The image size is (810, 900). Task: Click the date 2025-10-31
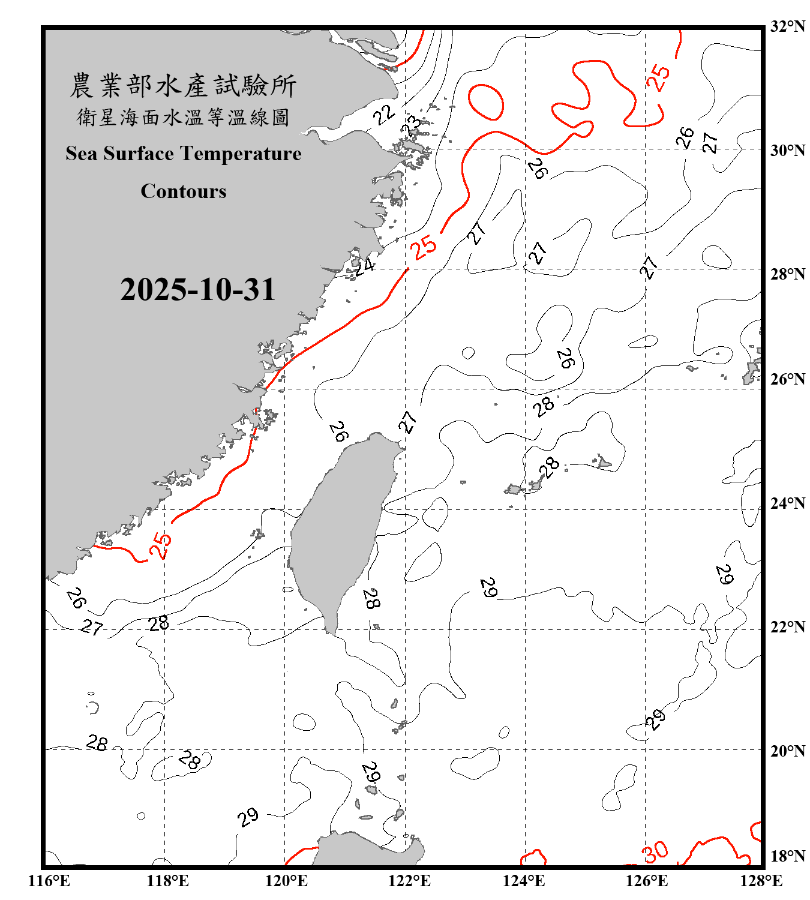[x=197, y=290]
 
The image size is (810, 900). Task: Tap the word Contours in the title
[x=183, y=191]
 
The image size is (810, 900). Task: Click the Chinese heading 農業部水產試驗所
[x=183, y=86]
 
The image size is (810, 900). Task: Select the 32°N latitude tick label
[x=787, y=26]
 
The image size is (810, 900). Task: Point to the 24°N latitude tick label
[x=787, y=503]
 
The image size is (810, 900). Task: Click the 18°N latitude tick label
[x=787, y=856]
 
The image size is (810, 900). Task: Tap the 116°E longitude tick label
[x=49, y=881]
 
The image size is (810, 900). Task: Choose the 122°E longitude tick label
[x=409, y=881]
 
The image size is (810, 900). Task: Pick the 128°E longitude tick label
[x=761, y=881]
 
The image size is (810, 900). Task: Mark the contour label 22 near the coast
[x=384, y=114]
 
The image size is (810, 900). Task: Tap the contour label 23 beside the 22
[x=412, y=127]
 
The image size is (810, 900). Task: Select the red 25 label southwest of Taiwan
[x=160, y=545]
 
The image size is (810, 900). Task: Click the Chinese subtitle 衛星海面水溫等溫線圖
[x=183, y=118]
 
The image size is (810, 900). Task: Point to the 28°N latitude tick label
[x=787, y=274]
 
